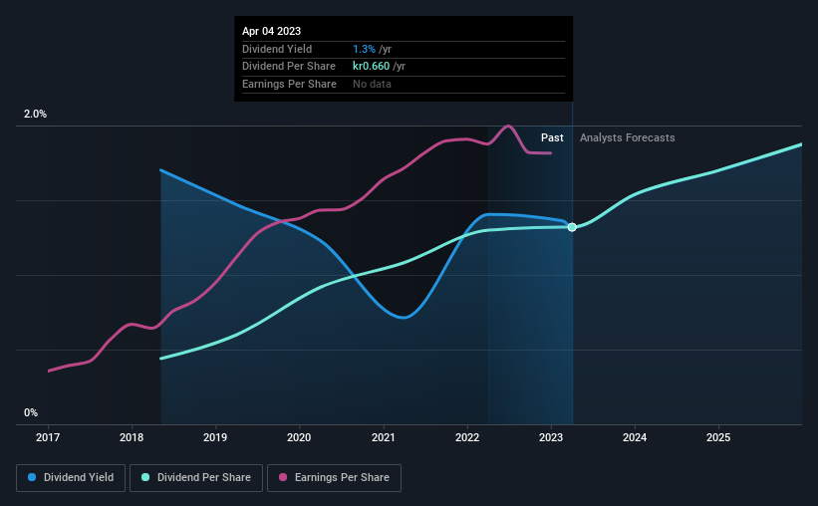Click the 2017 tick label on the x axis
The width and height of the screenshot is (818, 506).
pyautogui.click(x=48, y=436)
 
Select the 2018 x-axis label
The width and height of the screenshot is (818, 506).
pyautogui.click(x=132, y=436)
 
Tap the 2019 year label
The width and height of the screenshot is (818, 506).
pyautogui.click(x=215, y=436)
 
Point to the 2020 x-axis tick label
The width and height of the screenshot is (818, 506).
pyautogui.click(x=299, y=436)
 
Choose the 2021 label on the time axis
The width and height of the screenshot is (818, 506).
pyautogui.click(x=384, y=436)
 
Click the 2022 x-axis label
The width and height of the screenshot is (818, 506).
pyautogui.click(x=467, y=436)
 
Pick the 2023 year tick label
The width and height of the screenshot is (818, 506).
pyautogui.click(x=551, y=436)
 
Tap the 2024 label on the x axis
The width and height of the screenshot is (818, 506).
pyautogui.click(x=635, y=436)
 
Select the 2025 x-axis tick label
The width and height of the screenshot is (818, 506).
pyautogui.click(x=718, y=436)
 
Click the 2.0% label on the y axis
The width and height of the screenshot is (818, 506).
pyautogui.click(x=35, y=115)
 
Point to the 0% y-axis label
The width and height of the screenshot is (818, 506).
pyautogui.click(x=31, y=412)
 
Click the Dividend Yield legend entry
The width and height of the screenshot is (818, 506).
pyautogui.click(x=71, y=478)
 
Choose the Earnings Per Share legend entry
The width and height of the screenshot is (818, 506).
pyautogui.click(x=334, y=478)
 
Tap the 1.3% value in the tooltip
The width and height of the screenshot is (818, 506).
pyautogui.click(x=364, y=49)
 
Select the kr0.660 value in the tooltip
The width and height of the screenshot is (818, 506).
pyautogui.click(x=371, y=66)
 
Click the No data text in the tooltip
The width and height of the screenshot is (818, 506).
pyautogui.click(x=372, y=84)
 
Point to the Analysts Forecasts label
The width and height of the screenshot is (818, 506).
pyautogui.click(x=627, y=137)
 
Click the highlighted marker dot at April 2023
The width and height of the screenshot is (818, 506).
pyautogui.click(x=572, y=227)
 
